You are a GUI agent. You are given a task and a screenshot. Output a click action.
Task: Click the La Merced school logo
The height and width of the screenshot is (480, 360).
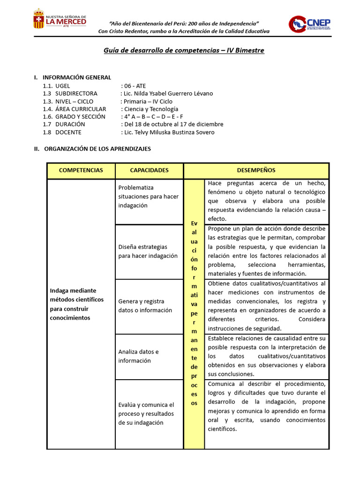pos(60,19)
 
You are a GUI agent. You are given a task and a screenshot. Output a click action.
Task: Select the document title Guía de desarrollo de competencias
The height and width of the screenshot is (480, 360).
pos(184,50)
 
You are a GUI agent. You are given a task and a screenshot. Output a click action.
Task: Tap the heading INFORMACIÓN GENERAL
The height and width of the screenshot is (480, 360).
pos(77,77)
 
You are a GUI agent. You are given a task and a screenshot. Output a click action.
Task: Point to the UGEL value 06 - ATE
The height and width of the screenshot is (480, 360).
pos(135,86)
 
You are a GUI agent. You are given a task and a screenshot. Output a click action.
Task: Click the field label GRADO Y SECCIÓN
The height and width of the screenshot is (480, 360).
pos(80,116)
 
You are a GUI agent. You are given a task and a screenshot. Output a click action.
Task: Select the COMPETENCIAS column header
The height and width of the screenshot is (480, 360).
pos(81,170)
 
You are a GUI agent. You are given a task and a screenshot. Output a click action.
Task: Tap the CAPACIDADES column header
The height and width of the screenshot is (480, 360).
pos(149,170)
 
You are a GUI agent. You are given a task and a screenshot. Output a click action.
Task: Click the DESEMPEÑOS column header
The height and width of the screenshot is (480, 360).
pos(256,170)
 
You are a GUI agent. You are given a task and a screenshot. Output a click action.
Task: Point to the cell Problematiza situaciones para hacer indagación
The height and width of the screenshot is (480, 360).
pos(148,196)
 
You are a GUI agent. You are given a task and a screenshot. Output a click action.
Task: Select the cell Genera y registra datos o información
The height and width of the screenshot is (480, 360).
pos(145,306)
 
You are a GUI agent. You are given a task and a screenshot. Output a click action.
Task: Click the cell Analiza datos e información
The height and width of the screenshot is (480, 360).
pos(138,356)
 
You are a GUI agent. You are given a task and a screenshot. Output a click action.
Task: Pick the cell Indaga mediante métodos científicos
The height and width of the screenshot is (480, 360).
pos(77,304)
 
